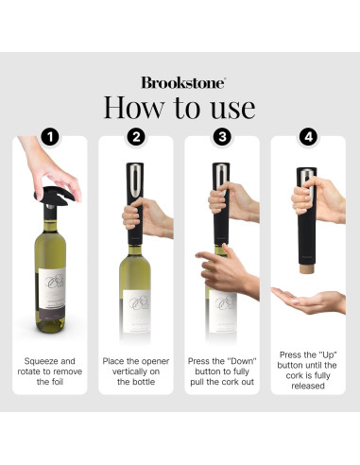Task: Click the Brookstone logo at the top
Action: pyautogui.click(x=180, y=82)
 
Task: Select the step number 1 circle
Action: pyautogui.click(x=49, y=138)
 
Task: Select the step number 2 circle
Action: pyautogui.click(x=136, y=138)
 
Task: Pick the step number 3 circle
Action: pyautogui.click(x=223, y=138)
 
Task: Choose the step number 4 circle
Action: pyautogui.click(x=310, y=138)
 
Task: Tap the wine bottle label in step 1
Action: pyautogui.click(x=50, y=289)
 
